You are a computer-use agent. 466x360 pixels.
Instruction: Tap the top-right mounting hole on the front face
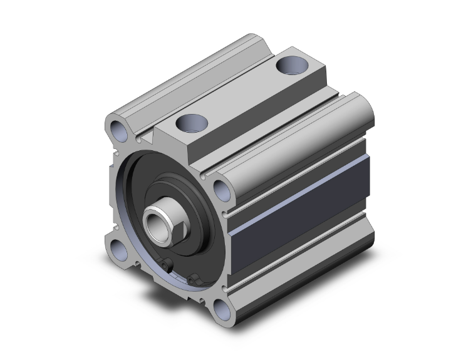click(x=220, y=187)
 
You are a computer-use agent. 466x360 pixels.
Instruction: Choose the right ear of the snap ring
click(x=194, y=277)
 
